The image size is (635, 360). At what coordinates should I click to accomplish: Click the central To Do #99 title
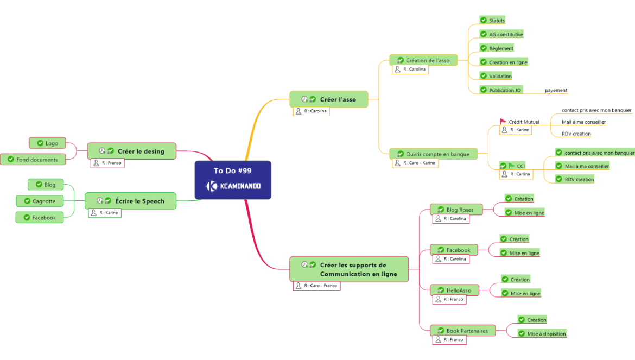click(x=232, y=170)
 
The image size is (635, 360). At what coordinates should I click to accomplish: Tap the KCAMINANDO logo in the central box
click(x=233, y=186)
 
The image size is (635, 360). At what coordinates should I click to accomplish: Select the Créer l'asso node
click(x=338, y=99)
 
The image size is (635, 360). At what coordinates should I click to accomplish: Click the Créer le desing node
click(x=140, y=151)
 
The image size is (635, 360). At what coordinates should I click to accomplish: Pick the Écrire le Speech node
click(x=139, y=201)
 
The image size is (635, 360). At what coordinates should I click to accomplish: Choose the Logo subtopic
click(x=52, y=143)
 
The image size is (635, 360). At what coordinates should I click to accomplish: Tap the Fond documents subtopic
click(x=36, y=160)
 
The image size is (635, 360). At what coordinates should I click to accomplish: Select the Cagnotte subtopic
click(x=44, y=201)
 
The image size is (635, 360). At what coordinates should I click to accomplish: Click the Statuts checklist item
click(x=497, y=21)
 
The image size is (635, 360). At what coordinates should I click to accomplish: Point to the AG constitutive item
click(x=506, y=35)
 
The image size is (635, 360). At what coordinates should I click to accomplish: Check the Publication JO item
click(x=505, y=90)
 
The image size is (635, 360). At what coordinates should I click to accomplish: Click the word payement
click(x=556, y=91)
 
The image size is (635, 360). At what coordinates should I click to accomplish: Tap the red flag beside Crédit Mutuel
click(x=503, y=122)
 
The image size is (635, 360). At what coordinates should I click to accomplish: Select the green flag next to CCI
click(x=511, y=166)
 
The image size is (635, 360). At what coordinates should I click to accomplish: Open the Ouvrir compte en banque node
click(x=437, y=154)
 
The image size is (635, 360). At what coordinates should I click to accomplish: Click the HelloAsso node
click(x=459, y=290)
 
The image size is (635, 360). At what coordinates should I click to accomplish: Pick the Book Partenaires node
click(x=467, y=331)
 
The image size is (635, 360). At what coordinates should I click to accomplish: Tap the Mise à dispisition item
click(x=546, y=334)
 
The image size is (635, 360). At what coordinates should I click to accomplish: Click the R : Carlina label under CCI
click(x=520, y=174)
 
